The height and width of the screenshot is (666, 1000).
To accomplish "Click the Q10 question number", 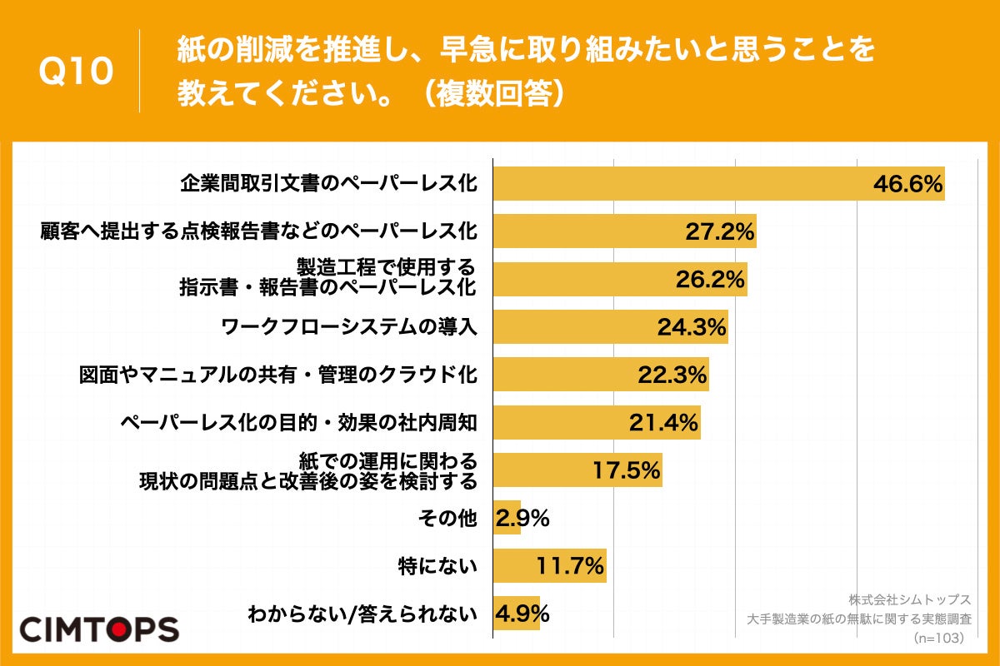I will point(76,72).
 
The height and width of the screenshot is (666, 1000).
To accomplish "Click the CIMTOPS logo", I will point(99,629).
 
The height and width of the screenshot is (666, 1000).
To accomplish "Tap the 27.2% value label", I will point(720,231).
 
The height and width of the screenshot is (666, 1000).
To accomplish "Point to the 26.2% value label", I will point(710,280).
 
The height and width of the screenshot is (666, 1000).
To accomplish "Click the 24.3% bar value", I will point(692,327).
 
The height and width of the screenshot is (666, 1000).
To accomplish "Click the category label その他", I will point(447,519).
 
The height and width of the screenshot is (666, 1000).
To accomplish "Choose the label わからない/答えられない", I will point(362,615).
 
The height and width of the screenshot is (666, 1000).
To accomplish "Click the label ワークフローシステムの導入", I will point(349,327).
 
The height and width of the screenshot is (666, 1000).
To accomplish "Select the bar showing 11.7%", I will point(550,567).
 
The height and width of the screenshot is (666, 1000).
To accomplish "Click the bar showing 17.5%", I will point(577,470).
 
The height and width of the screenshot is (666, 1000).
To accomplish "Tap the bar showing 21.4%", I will point(597,423).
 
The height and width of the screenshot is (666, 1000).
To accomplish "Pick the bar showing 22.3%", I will point(601,375).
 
